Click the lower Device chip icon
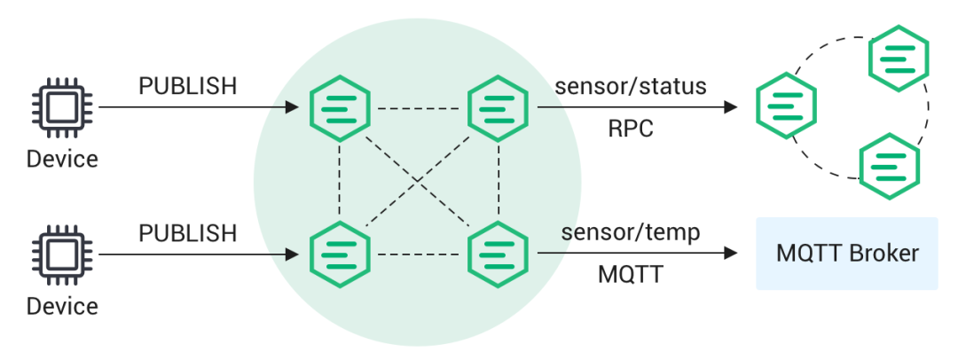tap(61, 254)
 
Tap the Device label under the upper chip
tap(61, 160)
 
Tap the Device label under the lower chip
tap(61, 307)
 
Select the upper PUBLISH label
tap(188, 86)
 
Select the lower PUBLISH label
tap(188, 233)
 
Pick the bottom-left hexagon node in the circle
tap(339, 254)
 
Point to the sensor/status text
tap(631, 86)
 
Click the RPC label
tap(631, 129)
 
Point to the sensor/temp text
tap(631, 233)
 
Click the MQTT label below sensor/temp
tap(631, 275)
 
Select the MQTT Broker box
tap(846, 254)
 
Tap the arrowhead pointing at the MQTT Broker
tap(731, 254)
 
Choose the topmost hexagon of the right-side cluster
tap(899, 56)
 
